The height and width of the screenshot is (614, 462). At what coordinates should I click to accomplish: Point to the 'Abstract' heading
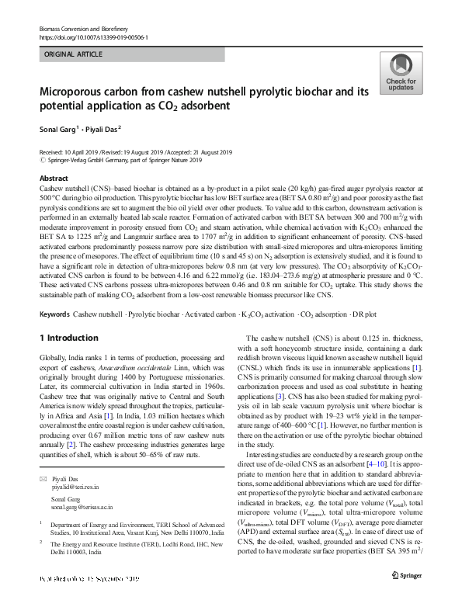53,179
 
